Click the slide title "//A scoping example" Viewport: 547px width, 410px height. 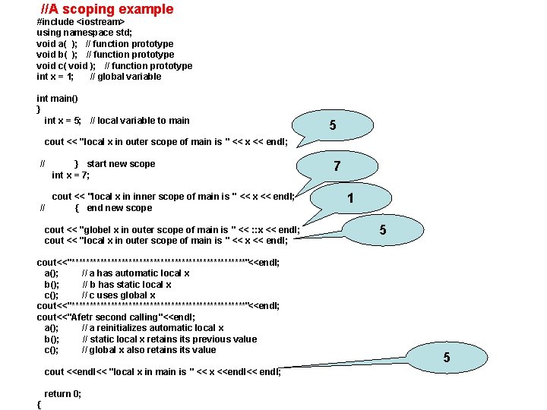106,10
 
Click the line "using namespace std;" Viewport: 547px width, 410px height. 84,33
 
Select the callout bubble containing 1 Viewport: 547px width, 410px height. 350,199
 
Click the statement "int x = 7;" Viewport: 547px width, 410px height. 70,175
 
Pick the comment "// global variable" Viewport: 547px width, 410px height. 125,76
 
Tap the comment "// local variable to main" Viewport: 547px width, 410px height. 140,120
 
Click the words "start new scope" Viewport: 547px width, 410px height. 121,164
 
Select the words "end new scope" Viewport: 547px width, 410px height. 119,208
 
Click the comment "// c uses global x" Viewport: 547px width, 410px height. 119,295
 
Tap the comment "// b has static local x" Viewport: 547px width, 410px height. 127,285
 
